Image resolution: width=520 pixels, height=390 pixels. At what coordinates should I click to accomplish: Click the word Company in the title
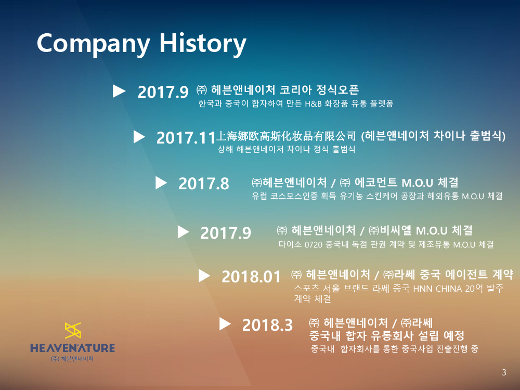click(93, 44)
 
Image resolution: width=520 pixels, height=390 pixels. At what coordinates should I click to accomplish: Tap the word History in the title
click(203, 44)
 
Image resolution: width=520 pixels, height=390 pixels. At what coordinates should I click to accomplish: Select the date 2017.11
click(186, 138)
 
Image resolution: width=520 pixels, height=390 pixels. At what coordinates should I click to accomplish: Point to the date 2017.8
click(204, 184)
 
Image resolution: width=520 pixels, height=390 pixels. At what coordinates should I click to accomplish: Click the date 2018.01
click(251, 277)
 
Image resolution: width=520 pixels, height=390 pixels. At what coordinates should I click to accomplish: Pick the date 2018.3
click(267, 324)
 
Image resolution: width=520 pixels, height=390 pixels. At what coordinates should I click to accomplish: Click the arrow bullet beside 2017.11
click(139, 137)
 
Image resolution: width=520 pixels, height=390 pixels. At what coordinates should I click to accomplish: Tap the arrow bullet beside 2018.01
click(204, 276)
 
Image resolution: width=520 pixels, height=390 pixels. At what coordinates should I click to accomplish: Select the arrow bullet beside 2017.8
click(161, 183)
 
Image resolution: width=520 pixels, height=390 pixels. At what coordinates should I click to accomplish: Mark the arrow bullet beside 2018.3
click(225, 323)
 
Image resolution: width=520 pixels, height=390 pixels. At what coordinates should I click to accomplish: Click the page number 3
click(504, 372)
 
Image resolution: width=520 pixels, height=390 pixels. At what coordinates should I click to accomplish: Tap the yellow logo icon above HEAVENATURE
click(73, 330)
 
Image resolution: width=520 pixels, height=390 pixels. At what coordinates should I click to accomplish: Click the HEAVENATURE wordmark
click(73, 348)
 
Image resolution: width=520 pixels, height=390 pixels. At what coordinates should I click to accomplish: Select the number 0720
click(314, 245)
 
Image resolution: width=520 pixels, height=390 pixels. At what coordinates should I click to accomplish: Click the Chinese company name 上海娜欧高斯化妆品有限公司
click(286, 136)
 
